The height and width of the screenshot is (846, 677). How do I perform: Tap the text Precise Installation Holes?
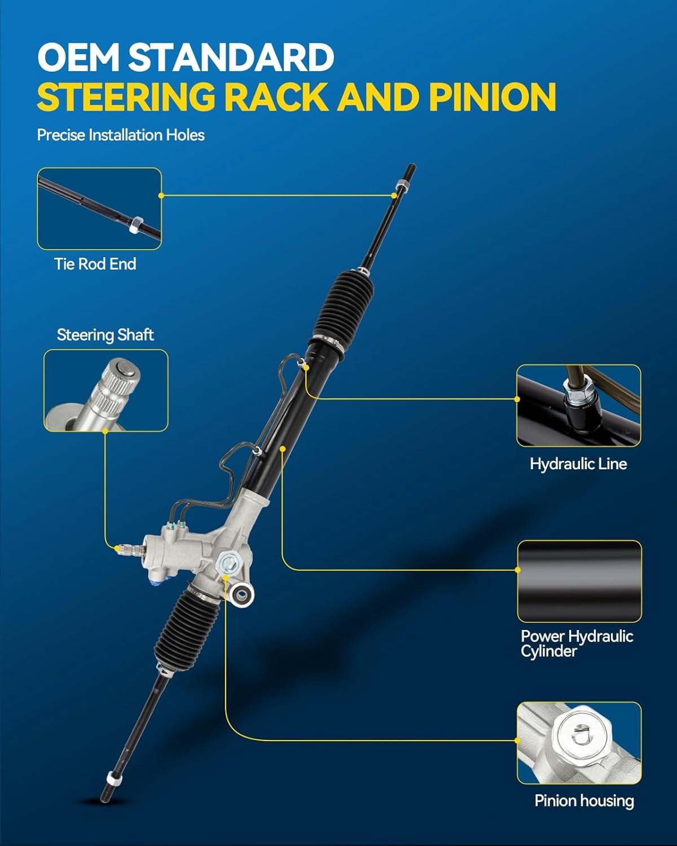tap(121, 135)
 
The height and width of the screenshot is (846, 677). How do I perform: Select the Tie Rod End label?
tap(95, 264)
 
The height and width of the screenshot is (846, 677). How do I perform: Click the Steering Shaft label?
tap(105, 335)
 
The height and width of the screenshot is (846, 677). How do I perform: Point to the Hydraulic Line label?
tap(578, 464)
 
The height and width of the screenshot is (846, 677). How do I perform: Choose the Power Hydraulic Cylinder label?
tap(577, 644)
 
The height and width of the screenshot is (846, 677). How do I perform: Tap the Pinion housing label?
tap(584, 801)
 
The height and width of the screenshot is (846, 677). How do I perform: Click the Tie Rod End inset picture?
tap(99, 209)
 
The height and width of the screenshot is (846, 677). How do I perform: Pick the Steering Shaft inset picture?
tap(106, 390)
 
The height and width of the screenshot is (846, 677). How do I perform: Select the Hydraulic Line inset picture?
tap(578, 406)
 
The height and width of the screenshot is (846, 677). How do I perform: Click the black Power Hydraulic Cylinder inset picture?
tap(579, 581)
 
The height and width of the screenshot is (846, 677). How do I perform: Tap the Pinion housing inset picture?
tap(579, 743)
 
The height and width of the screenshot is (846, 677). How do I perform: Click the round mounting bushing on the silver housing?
tap(242, 593)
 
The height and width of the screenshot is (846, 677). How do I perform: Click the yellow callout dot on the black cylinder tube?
tap(283, 449)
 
